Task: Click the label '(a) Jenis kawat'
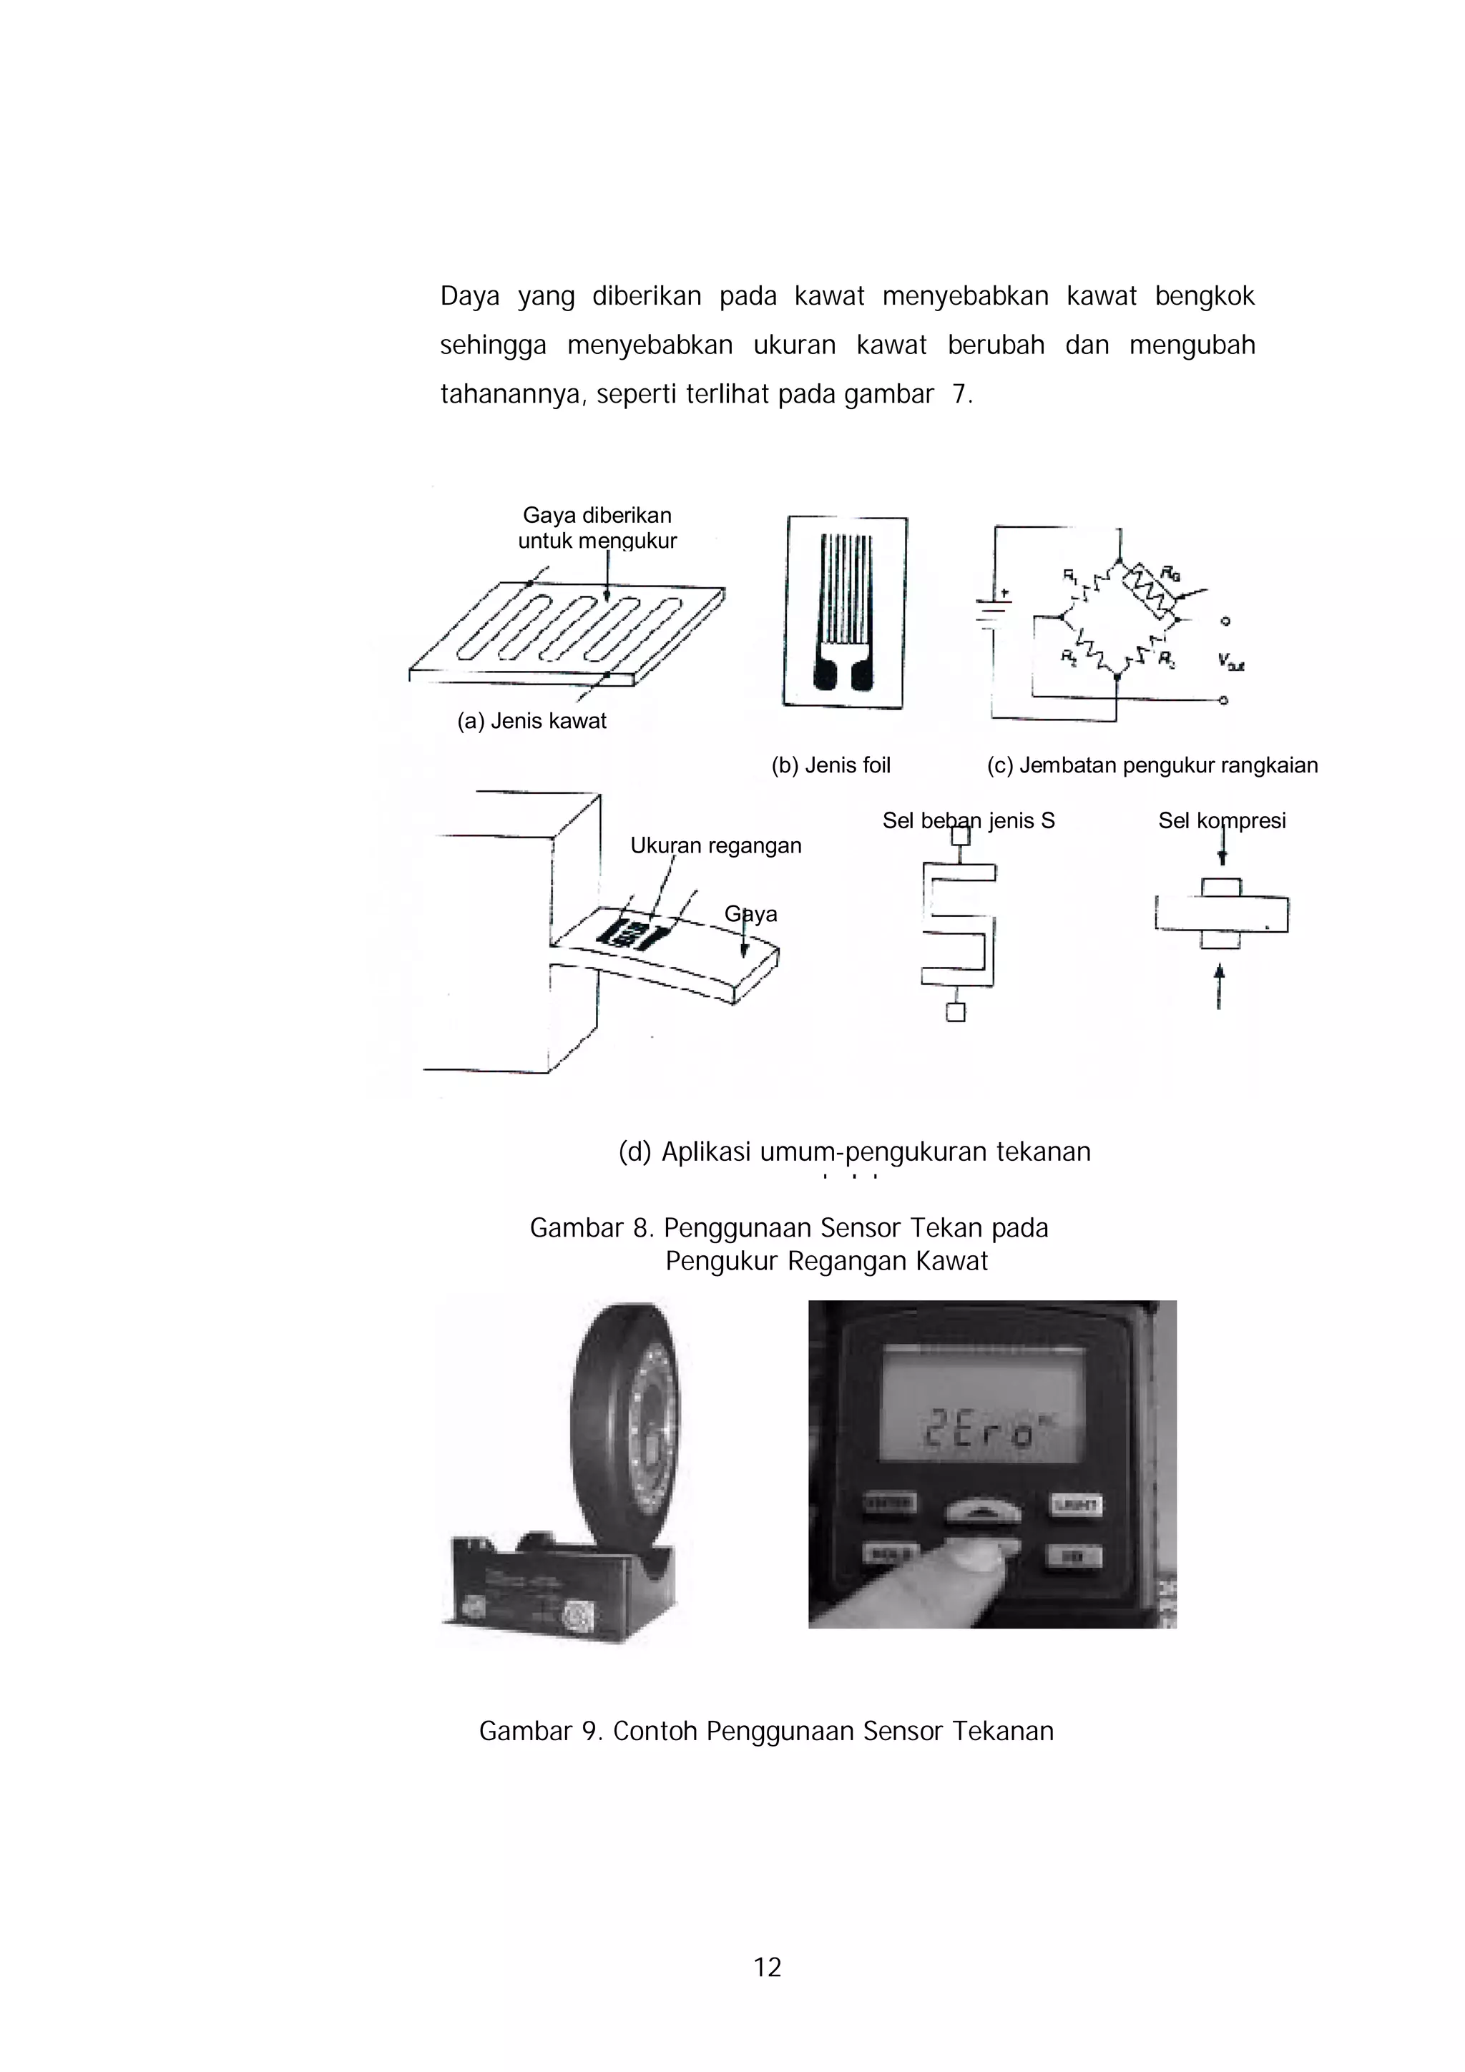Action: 531,721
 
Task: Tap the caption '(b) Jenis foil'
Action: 831,765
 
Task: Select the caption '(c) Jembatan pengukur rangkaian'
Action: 1152,765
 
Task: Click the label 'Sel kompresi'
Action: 1221,820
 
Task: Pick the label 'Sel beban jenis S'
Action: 969,820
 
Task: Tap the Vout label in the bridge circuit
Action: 1230,662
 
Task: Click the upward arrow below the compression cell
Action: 1220,986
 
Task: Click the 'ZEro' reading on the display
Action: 976,1434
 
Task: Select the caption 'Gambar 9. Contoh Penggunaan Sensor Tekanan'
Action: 766,1731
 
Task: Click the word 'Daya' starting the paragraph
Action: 469,296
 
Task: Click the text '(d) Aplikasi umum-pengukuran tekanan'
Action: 854,1152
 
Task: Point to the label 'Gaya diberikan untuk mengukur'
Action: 597,528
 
